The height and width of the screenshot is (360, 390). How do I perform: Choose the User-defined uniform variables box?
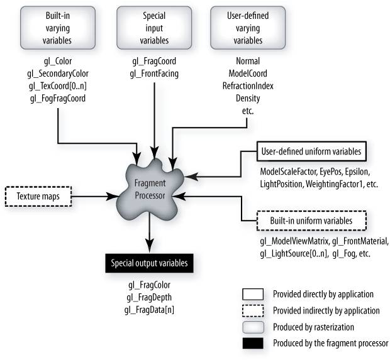[313, 152]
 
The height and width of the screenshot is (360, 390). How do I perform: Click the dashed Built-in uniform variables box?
[312, 221]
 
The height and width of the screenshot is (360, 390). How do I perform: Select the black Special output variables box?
[149, 262]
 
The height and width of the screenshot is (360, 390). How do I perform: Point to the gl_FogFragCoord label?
[57, 98]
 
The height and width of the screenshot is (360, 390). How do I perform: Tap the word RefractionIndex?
[247, 86]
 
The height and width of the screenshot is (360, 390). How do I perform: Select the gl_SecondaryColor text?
[57, 74]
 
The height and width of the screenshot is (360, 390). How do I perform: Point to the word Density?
[247, 98]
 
